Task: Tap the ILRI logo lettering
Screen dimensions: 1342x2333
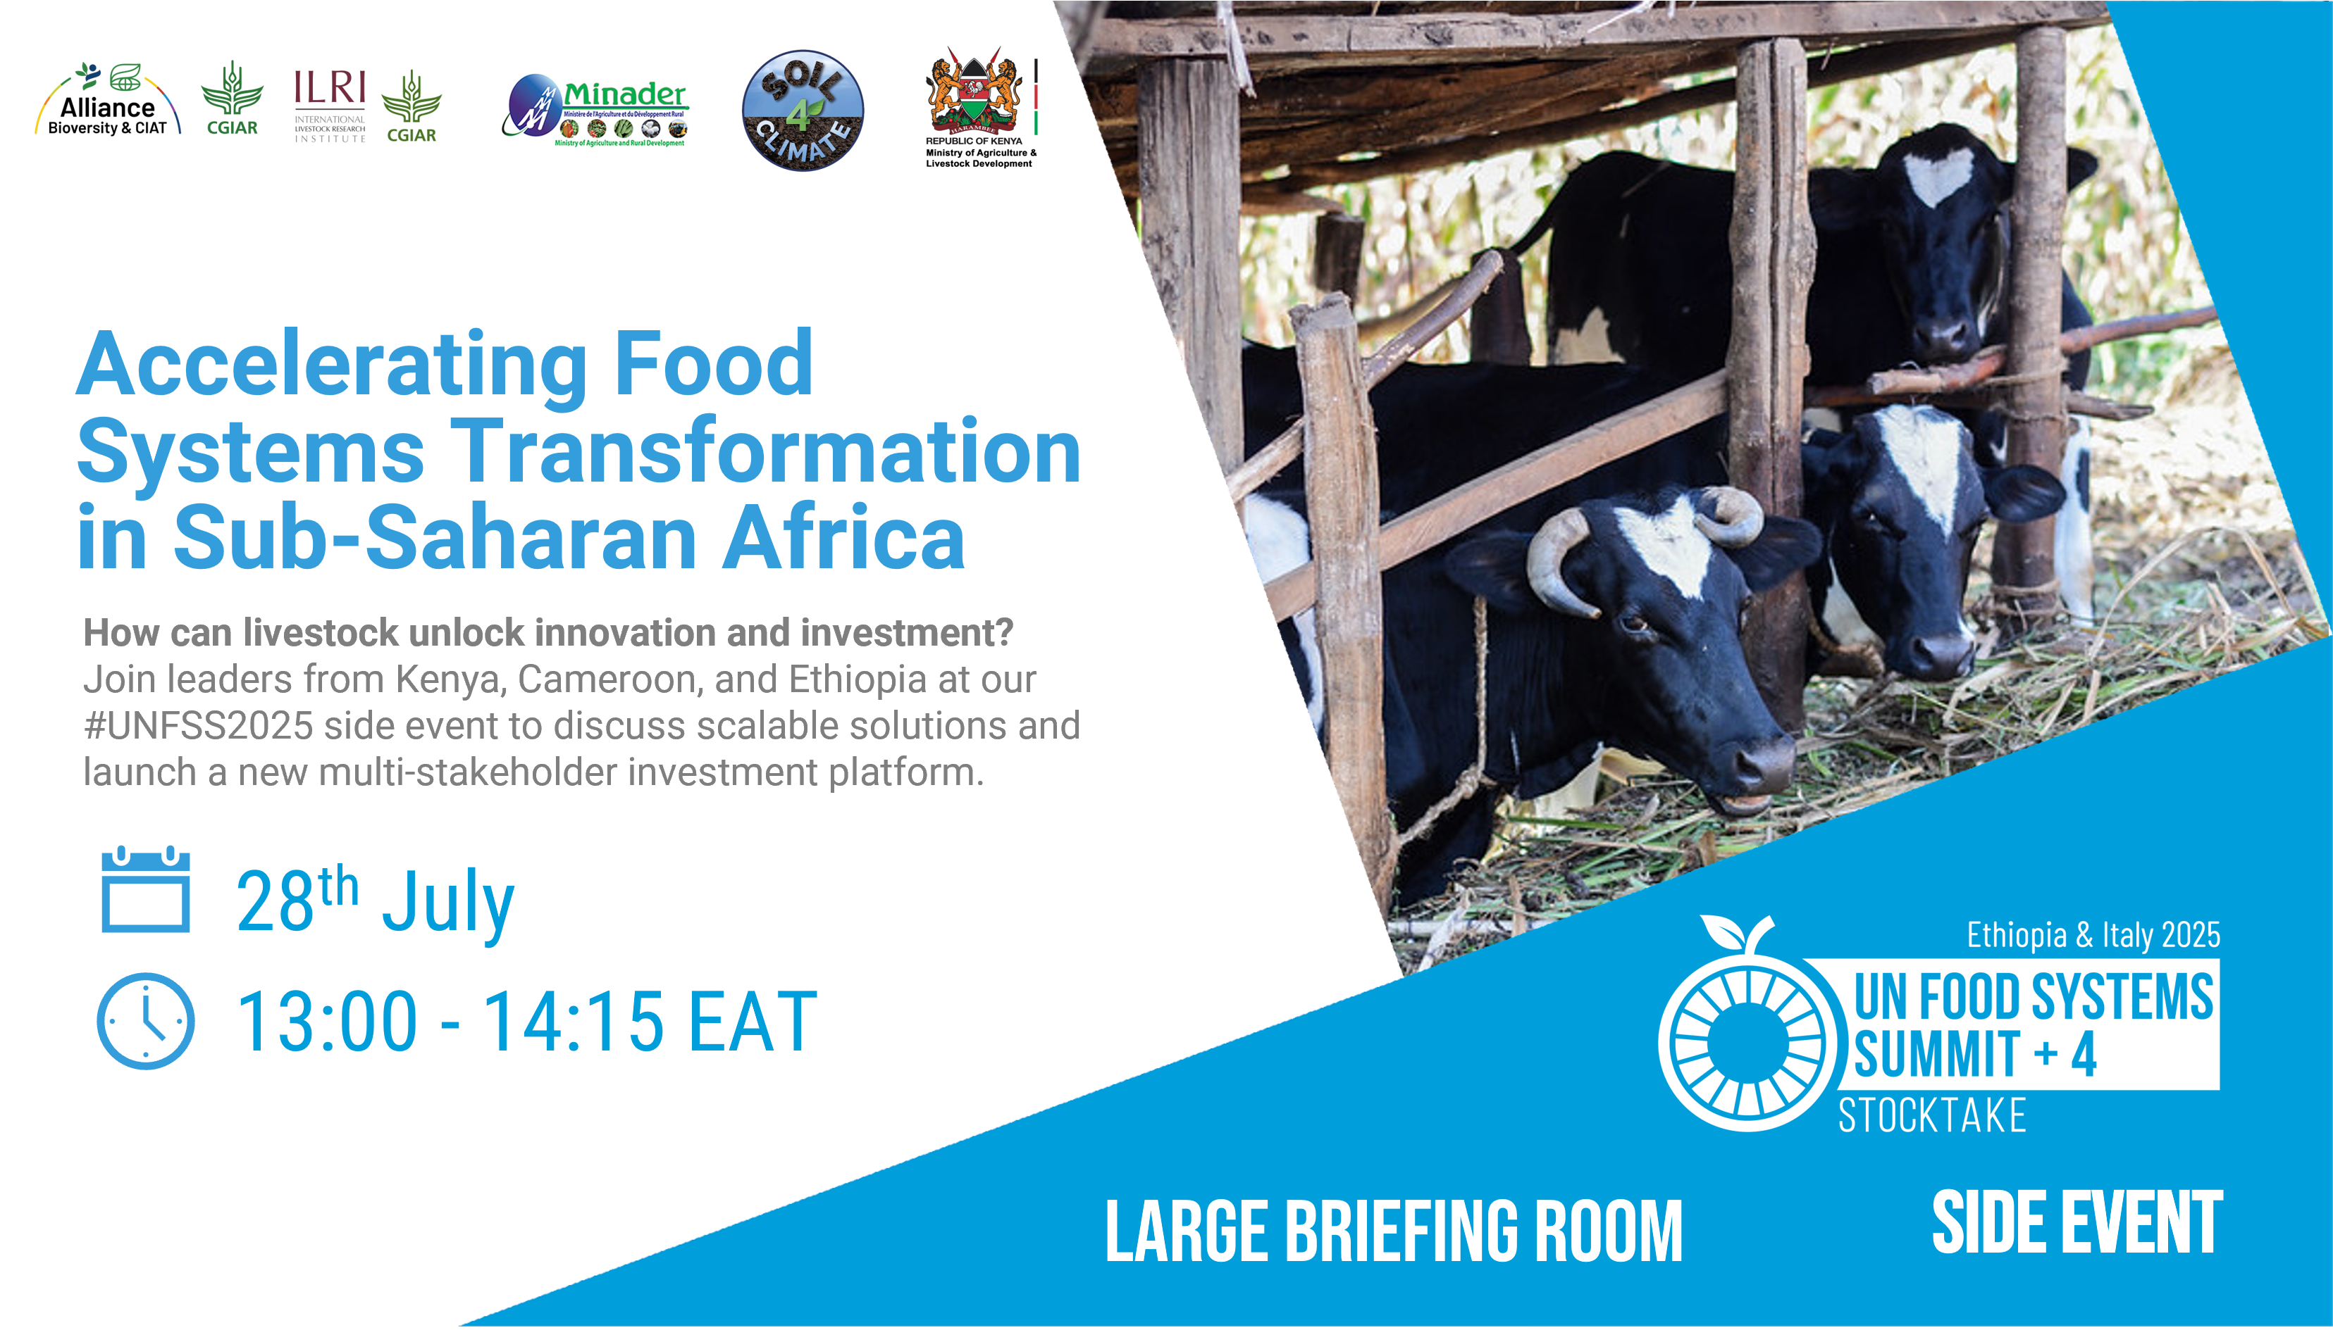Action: point(329,89)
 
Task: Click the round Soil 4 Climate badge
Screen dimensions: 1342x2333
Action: point(803,111)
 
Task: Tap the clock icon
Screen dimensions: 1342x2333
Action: point(146,1021)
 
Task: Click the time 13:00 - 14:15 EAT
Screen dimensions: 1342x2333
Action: point(526,1021)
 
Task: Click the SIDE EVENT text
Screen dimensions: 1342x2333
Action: point(2077,1223)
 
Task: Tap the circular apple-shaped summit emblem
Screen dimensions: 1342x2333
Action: point(1742,1037)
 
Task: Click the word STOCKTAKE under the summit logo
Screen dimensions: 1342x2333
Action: point(1932,1116)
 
